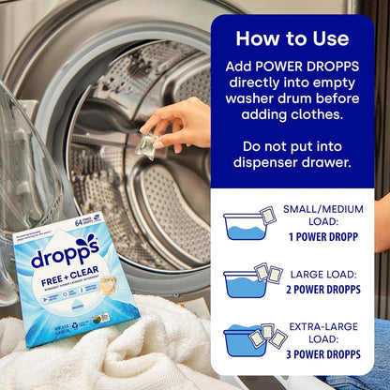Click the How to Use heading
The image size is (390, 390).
coord(292,38)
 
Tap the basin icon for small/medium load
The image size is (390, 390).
coord(242,226)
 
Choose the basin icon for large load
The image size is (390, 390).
coord(242,282)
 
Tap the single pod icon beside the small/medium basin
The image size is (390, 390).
coord(267,216)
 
